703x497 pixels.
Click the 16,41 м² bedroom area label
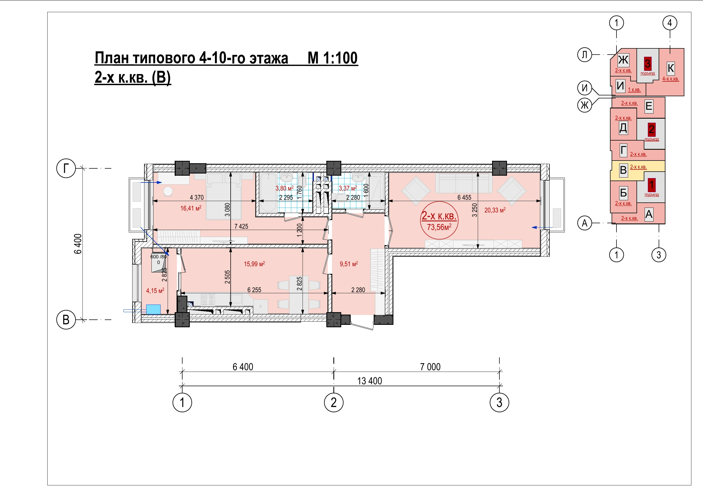tap(191, 208)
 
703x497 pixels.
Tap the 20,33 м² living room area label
tap(495, 210)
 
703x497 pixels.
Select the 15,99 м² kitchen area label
tap(254, 264)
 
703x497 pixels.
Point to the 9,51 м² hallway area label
tap(349, 264)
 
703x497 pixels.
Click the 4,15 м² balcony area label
tap(155, 291)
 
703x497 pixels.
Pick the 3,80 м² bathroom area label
tap(284, 188)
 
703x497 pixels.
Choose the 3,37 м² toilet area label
tap(348, 188)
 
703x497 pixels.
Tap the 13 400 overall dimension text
tap(370, 381)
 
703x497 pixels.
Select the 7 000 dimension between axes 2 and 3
tap(430, 367)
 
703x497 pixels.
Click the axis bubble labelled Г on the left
tap(66, 168)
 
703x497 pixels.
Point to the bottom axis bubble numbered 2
tap(334, 402)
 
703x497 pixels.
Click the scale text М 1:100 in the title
tap(333, 58)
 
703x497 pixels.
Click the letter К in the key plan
tap(671, 68)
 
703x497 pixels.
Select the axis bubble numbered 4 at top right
tap(670, 23)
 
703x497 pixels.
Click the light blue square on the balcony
tap(153, 309)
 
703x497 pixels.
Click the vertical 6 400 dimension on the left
tap(78, 244)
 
